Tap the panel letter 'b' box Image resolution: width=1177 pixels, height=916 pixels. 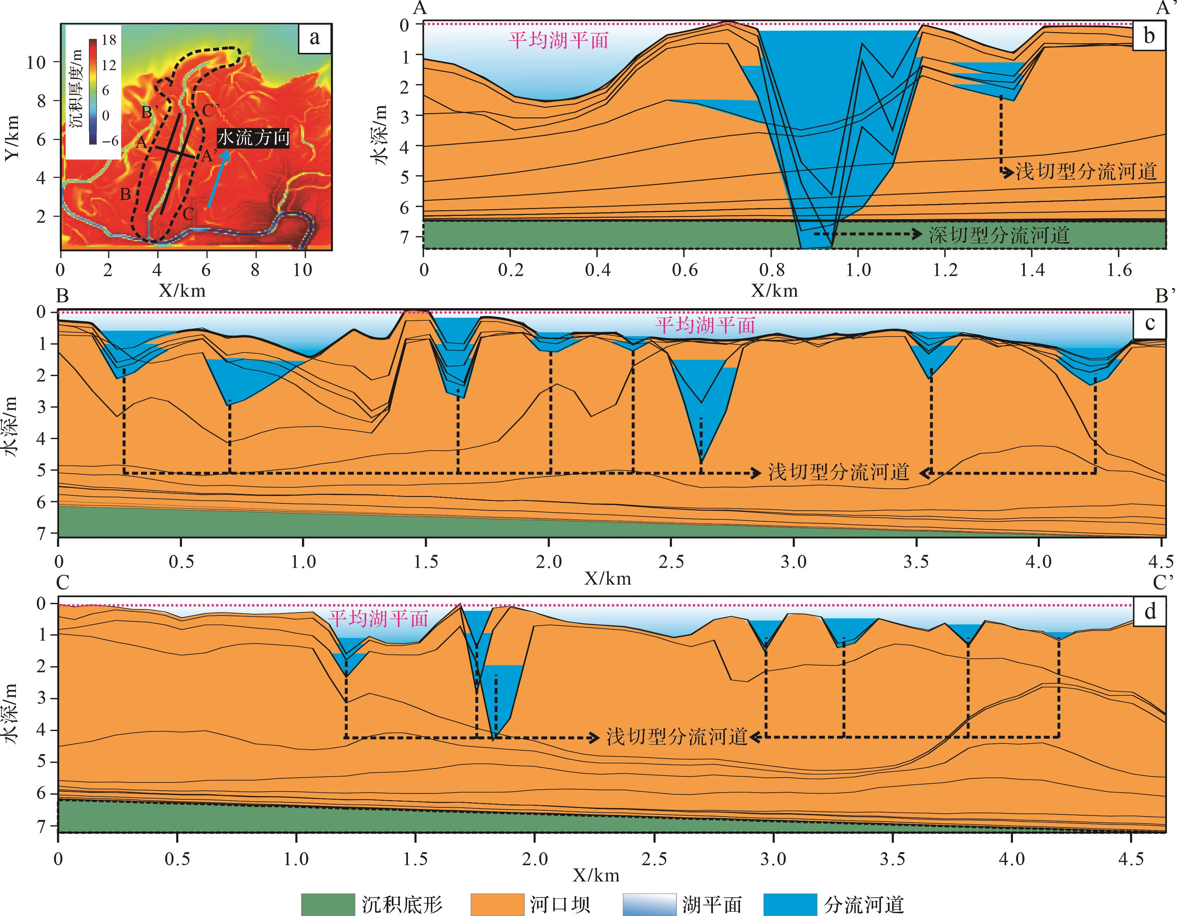[x=1149, y=36]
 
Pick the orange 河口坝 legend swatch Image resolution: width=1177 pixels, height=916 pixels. [x=497, y=904]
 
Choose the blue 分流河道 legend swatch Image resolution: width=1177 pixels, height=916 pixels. [x=790, y=904]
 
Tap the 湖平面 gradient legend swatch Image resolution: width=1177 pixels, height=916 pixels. [x=649, y=904]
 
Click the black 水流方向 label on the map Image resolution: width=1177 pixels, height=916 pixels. [x=253, y=138]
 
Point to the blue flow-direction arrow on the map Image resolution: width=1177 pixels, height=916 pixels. [x=219, y=178]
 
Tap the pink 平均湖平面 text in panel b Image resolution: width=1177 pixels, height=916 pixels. [x=559, y=40]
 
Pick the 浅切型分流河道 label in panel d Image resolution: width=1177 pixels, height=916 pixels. [x=677, y=736]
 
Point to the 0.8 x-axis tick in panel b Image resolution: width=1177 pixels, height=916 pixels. [x=771, y=270]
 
